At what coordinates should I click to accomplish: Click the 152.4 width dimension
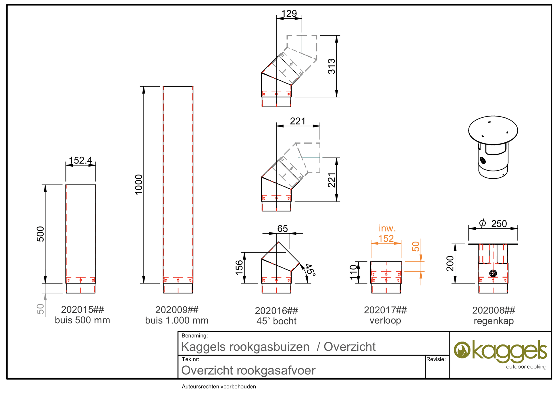click(x=80, y=160)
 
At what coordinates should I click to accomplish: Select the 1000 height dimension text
click(x=138, y=184)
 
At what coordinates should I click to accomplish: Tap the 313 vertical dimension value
click(x=331, y=66)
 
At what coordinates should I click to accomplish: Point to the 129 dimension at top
click(x=289, y=14)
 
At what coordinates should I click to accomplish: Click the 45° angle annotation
click(x=310, y=270)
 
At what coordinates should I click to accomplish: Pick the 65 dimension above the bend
click(x=282, y=229)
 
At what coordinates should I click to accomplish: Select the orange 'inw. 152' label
click(x=386, y=233)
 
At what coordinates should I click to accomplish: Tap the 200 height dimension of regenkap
click(x=450, y=263)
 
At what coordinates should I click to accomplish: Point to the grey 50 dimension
click(x=41, y=309)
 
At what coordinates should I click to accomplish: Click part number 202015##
click(x=82, y=310)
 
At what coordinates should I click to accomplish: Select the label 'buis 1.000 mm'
click(x=177, y=320)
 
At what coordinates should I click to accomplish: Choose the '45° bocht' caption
click(x=276, y=321)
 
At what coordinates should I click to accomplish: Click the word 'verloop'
click(x=385, y=320)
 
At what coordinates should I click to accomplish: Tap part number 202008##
click(x=494, y=310)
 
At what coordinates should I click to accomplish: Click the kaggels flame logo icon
click(x=462, y=350)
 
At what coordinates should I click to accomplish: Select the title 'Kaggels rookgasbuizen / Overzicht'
click(x=278, y=347)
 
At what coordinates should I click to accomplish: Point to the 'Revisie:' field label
click(x=436, y=359)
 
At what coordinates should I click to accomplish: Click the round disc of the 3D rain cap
click(x=493, y=130)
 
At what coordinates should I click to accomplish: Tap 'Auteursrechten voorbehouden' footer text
click(x=219, y=387)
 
